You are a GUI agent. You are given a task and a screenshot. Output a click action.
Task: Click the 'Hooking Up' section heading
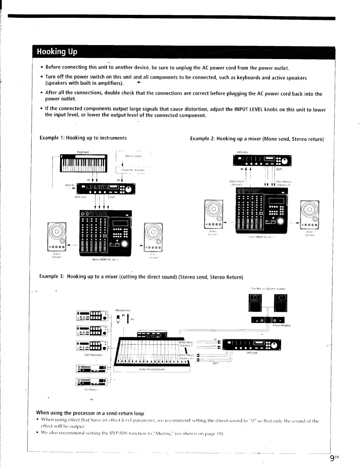57,52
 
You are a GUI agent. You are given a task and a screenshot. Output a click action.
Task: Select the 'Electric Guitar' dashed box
133,156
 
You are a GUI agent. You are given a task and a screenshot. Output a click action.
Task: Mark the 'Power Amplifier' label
281,325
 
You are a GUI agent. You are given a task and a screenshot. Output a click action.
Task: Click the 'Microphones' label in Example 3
123,310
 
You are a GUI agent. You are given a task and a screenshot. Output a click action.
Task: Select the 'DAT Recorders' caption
93,355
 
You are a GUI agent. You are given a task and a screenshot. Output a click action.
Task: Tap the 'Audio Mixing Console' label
152,369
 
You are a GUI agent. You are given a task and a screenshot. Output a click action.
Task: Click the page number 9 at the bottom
332,458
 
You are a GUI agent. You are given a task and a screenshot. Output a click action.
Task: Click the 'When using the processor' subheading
90,413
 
